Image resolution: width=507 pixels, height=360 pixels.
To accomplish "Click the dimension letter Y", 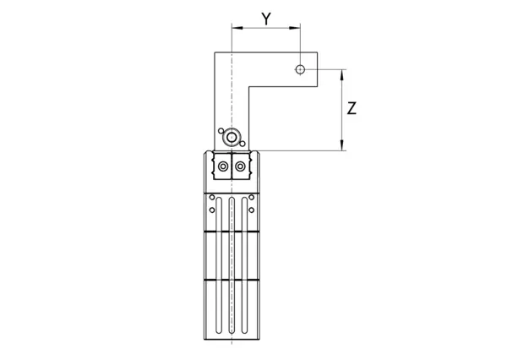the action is (266, 19).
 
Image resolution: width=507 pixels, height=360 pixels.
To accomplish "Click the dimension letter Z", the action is (352, 108).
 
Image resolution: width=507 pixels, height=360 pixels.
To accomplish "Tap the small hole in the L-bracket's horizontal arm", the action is (300, 69).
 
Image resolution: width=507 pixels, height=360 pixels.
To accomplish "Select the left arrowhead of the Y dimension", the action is (237, 28).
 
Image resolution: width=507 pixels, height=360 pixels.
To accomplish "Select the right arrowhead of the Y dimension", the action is (295, 28).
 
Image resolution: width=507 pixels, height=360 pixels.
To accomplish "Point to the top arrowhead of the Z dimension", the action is (342, 74).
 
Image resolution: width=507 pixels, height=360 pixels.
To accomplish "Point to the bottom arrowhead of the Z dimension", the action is (342, 145).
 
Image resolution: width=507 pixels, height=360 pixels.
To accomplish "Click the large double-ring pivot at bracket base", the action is (232, 138).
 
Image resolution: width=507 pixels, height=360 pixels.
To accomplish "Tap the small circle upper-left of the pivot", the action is (221, 131).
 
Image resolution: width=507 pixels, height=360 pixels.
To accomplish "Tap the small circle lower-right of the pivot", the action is (243, 144).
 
